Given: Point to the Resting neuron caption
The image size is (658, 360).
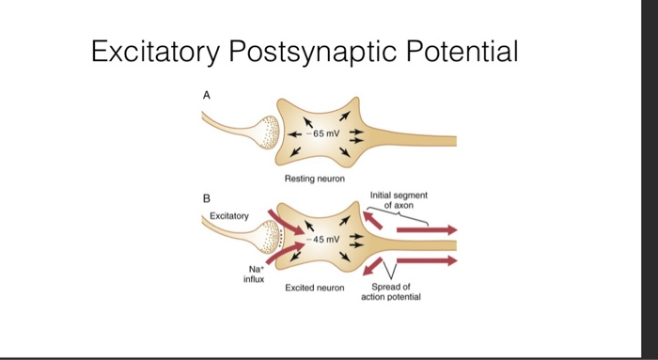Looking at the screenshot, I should pyautogui.click(x=314, y=179).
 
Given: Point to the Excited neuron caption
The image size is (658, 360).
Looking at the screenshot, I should pyautogui.click(x=314, y=287).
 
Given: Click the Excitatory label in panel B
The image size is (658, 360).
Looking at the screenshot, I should pyautogui.click(x=229, y=216).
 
